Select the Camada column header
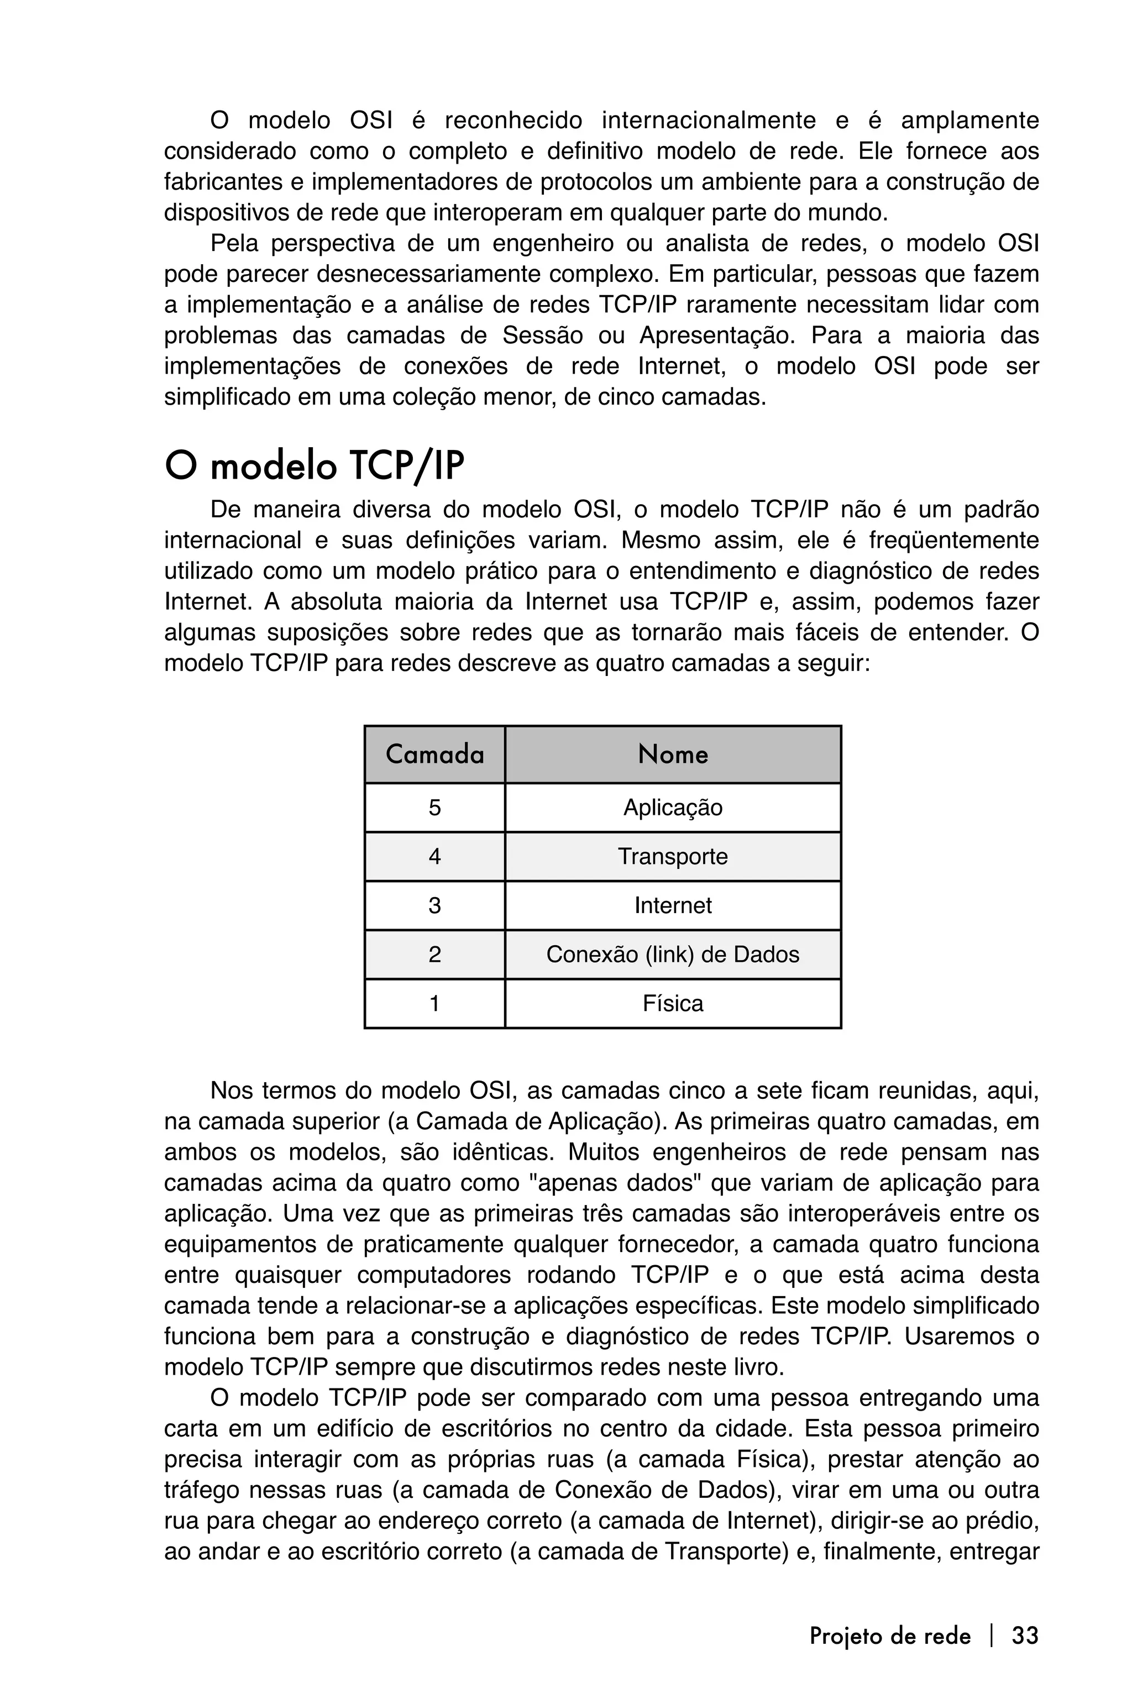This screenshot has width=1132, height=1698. pos(434,754)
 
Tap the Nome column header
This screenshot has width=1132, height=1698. pos(673,754)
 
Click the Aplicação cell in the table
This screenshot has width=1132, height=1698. pos(673,807)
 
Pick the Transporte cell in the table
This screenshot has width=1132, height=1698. pos(673,856)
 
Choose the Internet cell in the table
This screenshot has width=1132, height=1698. pos(673,905)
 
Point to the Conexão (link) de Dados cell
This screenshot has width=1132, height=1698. pos(673,955)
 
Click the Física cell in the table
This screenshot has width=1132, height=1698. pos(673,1004)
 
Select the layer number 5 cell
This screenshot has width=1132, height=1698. pos(434,807)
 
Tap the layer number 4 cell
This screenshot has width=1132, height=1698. pos(434,856)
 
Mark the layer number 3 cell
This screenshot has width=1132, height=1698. pos(434,905)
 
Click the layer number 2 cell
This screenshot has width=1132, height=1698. pos(434,955)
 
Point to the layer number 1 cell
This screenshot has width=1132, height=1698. pos(434,1004)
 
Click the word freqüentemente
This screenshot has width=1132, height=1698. pos(953,540)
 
